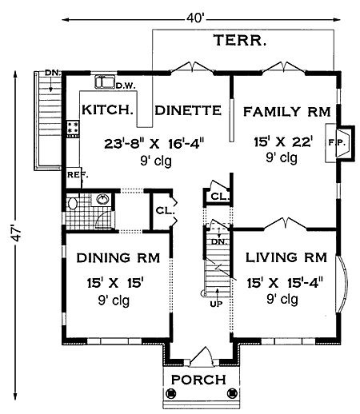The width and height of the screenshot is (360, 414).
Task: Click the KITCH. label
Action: (106, 111)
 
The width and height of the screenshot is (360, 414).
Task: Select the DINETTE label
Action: (186, 111)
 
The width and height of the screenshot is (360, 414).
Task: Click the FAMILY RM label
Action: (282, 111)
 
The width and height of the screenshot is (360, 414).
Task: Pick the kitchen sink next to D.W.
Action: (103, 81)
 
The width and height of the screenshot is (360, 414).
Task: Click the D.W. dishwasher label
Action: (124, 86)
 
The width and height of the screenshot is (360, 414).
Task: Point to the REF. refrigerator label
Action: (77, 174)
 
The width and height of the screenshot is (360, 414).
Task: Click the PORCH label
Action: (198, 379)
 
